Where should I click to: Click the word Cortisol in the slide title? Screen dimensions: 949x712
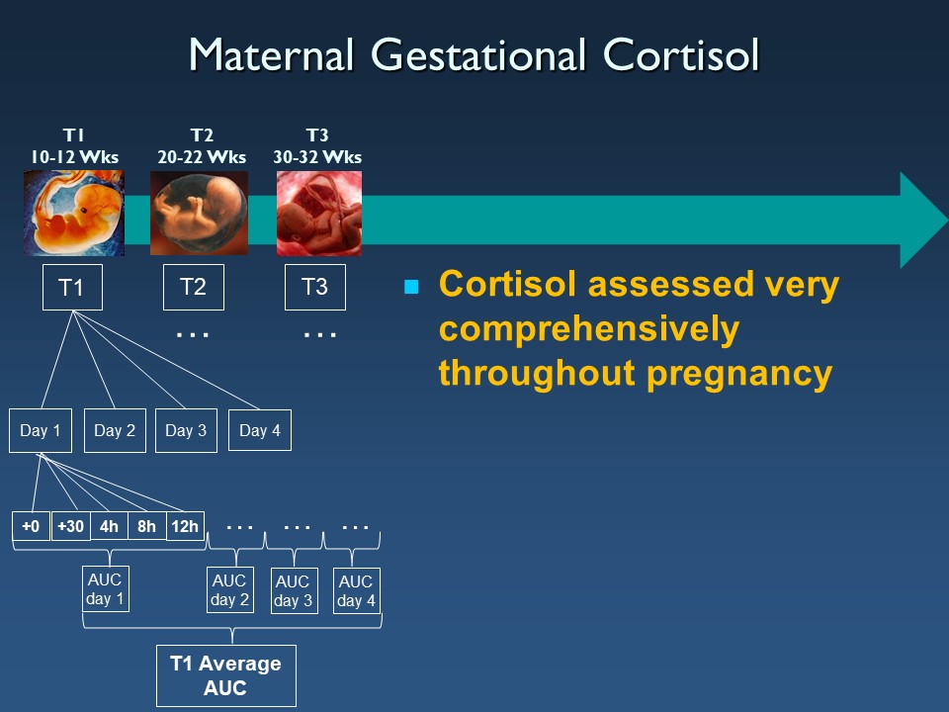click(681, 55)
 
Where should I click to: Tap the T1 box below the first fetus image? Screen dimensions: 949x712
click(72, 287)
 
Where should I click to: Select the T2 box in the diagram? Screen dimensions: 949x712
click(194, 287)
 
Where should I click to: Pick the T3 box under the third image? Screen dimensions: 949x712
click(315, 287)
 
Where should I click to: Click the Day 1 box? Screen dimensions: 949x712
click(41, 430)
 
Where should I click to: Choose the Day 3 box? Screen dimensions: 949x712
click(187, 430)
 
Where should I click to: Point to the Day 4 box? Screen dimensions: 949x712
click(260, 430)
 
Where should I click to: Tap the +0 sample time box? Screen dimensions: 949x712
click(31, 526)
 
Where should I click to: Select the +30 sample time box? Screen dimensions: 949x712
click(71, 526)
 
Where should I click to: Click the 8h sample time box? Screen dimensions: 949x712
click(146, 526)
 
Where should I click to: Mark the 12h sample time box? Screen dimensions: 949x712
click(185, 526)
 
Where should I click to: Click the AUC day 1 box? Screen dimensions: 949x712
click(106, 589)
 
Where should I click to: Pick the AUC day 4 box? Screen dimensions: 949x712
click(357, 591)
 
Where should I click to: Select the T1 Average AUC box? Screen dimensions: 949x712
click(225, 675)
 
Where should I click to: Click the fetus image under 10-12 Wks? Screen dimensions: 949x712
click(74, 214)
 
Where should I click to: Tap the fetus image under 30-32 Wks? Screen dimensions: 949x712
click(319, 214)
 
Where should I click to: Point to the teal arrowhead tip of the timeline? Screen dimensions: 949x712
click(947, 220)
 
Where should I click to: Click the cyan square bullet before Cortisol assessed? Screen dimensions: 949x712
click(411, 287)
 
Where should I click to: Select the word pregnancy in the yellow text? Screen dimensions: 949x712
click(739, 374)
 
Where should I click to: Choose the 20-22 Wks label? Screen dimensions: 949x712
click(202, 157)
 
